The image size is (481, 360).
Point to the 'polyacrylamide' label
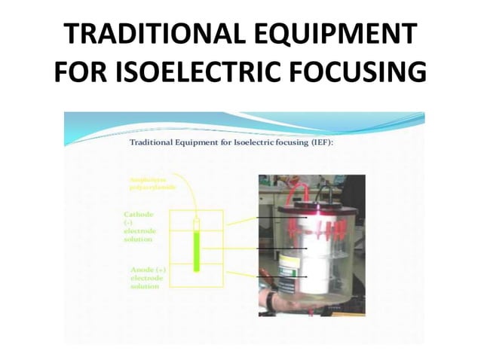click(154, 188)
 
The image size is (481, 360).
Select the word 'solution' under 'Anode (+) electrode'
click(144, 286)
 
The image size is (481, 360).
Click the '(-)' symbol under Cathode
click(128, 223)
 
